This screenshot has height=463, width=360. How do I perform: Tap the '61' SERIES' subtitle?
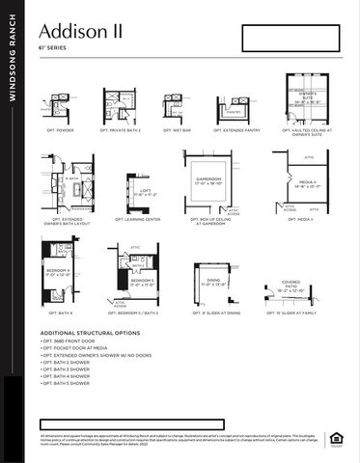click(53, 46)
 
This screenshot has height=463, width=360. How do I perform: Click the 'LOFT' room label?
click(146, 190)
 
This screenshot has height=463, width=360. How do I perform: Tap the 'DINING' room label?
click(212, 281)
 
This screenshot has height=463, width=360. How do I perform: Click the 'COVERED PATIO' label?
click(291, 284)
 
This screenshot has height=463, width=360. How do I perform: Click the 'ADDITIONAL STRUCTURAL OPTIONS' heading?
click(90, 333)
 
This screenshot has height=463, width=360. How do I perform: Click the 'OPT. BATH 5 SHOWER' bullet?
click(68, 384)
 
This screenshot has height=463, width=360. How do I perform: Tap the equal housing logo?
click(337, 440)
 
